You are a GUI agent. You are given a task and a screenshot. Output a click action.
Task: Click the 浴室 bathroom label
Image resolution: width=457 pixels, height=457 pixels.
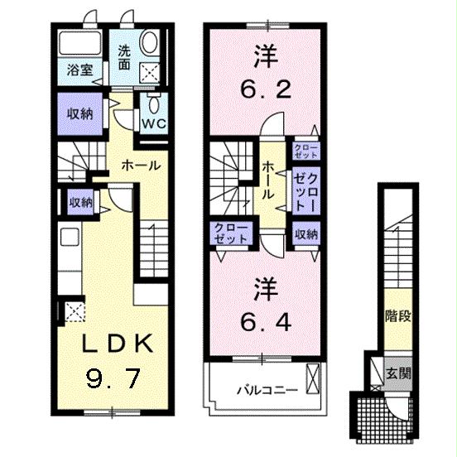click(79, 71)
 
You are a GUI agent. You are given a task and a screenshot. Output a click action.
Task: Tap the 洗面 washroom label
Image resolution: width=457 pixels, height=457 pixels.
click(123, 55)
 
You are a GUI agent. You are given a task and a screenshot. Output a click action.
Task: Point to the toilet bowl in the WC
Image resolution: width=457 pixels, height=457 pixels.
click(155, 101)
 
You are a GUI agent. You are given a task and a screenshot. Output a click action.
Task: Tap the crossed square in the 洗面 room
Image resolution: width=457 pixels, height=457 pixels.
click(151, 73)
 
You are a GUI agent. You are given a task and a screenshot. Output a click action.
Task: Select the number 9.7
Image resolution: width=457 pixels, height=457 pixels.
click(113, 379)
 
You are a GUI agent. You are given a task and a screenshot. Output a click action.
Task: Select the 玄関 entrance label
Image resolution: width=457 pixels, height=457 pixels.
click(397, 373)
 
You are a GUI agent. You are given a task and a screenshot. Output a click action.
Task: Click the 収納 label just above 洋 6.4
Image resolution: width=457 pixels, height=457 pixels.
click(305, 234)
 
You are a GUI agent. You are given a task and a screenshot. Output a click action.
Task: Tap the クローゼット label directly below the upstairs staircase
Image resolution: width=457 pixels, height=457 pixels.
click(230, 233)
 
